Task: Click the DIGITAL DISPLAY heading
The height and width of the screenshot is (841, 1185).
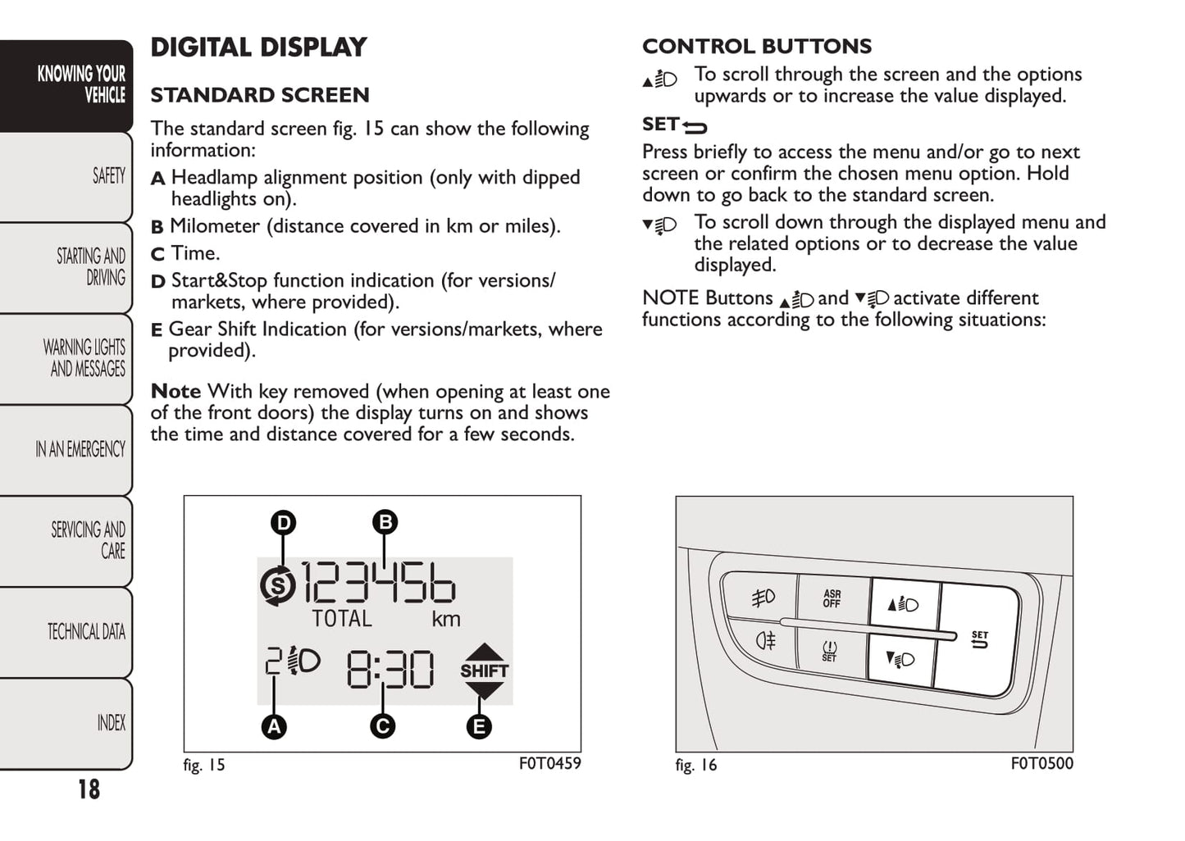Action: (258, 48)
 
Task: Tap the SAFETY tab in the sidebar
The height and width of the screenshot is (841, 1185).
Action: (108, 176)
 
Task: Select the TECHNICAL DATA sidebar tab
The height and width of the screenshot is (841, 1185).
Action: (86, 632)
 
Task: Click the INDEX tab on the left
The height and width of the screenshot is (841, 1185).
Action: (111, 723)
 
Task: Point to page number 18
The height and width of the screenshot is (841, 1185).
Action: (89, 789)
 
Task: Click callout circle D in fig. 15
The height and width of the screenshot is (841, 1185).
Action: (283, 523)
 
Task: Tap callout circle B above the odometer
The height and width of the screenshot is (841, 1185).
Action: (385, 522)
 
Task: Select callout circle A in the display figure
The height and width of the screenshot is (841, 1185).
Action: (274, 726)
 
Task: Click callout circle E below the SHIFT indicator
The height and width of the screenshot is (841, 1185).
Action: (479, 726)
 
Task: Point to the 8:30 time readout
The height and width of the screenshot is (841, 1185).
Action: (390, 669)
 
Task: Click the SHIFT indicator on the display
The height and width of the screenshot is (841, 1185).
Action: (484, 671)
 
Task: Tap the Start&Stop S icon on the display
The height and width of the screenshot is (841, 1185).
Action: (279, 585)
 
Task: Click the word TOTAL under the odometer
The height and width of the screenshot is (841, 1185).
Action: (342, 619)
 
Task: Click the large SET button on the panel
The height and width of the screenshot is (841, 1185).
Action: (979, 639)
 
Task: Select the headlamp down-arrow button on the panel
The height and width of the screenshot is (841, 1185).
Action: (900, 659)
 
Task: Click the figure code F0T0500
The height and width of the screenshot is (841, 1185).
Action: (1041, 764)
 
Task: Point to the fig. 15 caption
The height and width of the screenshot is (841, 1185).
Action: (203, 766)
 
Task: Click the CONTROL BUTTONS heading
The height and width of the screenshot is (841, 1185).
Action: (757, 47)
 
